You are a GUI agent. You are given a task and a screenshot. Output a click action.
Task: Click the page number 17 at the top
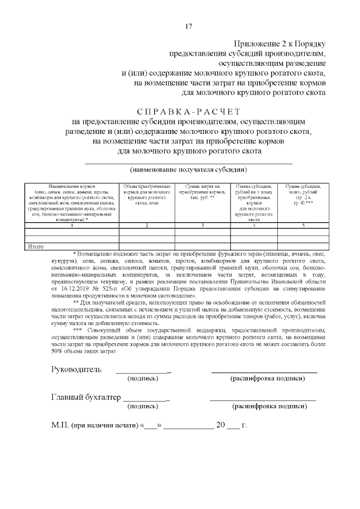(188, 26)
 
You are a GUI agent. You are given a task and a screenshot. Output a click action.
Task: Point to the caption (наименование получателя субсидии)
(188, 169)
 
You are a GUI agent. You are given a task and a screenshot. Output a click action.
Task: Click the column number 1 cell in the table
(71, 226)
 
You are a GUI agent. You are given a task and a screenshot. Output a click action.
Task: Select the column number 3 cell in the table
(202, 226)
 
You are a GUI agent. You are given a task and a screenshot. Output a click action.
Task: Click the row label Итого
(36, 246)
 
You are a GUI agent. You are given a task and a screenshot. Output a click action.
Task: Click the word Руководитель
(76, 370)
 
